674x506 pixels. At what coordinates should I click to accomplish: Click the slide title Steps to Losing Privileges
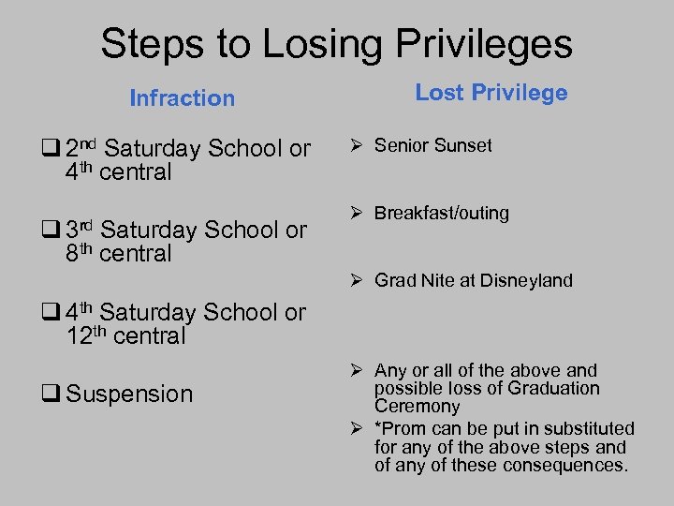tap(336, 44)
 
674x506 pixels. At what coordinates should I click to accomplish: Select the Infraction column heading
tap(182, 98)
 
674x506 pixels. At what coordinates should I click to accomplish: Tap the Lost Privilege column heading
tap(491, 93)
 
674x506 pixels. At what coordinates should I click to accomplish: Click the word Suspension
tap(130, 394)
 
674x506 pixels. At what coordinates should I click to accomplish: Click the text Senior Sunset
tap(432, 145)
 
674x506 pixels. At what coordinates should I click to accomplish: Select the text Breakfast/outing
tap(441, 213)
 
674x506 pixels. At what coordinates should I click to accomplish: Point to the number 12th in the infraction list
tap(87, 335)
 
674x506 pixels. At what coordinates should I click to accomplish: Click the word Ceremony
tap(417, 407)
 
